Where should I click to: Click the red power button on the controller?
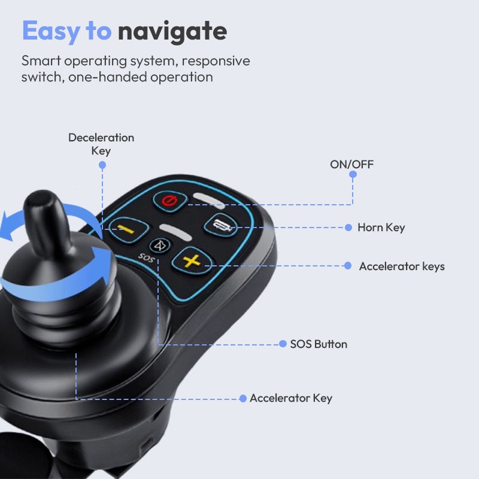point(169,201)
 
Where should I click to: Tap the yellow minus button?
point(128,230)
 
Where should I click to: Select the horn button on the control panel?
point(220,225)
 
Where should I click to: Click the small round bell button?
point(160,245)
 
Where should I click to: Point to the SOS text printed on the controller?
point(146,257)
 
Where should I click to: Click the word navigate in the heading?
point(172,32)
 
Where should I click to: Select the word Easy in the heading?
point(51,31)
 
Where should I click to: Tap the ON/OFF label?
point(351,164)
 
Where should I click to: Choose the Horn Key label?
point(381,228)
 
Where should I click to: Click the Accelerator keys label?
point(402,266)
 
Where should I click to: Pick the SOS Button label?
point(319,344)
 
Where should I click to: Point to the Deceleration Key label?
point(101,144)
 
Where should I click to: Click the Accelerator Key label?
point(291,398)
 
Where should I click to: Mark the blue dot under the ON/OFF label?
point(353,174)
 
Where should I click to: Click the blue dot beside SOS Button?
point(283,344)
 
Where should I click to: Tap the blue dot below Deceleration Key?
point(102,165)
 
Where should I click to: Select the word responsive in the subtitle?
point(216,61)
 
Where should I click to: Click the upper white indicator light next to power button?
point(210,200)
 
